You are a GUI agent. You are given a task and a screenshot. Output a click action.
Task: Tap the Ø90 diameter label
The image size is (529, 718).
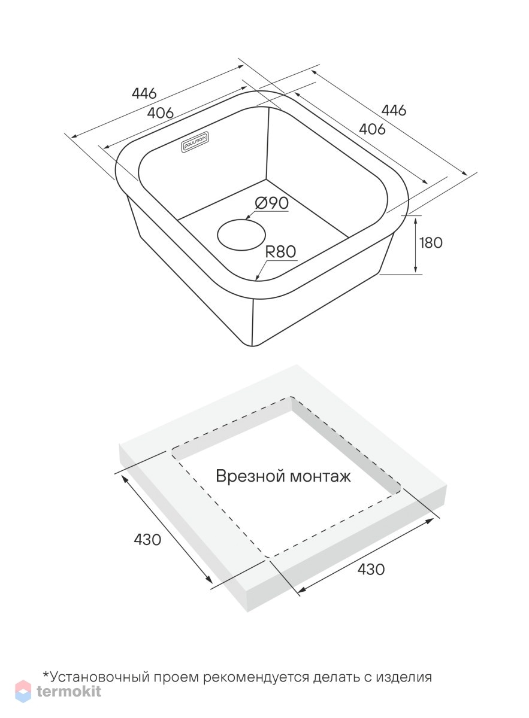[271, 203]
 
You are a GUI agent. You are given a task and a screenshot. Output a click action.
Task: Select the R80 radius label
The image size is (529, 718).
[280, 252]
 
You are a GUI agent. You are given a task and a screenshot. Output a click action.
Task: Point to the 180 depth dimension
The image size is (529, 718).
[431, 243]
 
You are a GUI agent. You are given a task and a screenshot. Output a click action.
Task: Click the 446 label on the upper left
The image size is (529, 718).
[144, 93]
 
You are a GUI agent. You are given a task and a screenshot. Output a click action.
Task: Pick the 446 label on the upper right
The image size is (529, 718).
[394, 110]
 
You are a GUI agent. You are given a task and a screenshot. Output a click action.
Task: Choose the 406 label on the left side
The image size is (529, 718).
[161, 112]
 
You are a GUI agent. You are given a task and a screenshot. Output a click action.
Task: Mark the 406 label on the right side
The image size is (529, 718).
[372, 129]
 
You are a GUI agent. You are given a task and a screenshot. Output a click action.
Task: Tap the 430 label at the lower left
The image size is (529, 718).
[147, 540]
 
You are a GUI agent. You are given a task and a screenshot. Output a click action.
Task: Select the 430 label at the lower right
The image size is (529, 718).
[371, 569]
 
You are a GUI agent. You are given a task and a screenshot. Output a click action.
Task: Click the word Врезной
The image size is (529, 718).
[250, 476]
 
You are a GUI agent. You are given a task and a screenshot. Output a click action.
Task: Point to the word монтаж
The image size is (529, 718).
[320, 477]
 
